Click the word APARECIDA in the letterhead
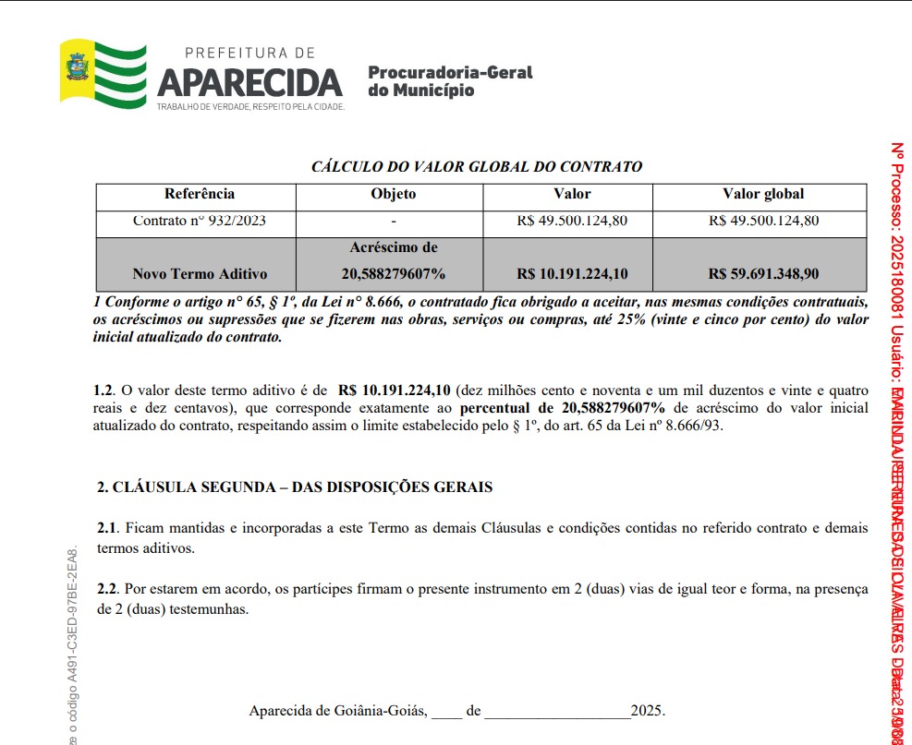(x=249, y=83)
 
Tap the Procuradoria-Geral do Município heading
(x=450, y=81)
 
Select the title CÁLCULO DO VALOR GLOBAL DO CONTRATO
(x=476, y=167)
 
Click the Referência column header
(x=200, y=194)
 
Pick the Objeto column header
(x=394, y=194)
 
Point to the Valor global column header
(x=762, y=194)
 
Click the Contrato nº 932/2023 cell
(x=200, y=221)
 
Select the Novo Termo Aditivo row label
(x=200, y=273)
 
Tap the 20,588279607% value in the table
(x=394, y=273)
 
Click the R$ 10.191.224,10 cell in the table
(x=572, y=273)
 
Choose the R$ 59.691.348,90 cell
(x=763, y=273)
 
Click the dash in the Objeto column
(x=394, y=222)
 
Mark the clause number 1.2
(x=104, y=391)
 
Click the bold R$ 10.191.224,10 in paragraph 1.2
(x=394, y=391)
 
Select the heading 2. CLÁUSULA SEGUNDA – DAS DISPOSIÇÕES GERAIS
(x=295, y=487)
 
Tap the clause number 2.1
(x=107, y=528)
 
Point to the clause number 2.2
(x=107, y=589)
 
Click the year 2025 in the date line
(x=647, y=711)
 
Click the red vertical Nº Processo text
(x=896, y=277)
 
